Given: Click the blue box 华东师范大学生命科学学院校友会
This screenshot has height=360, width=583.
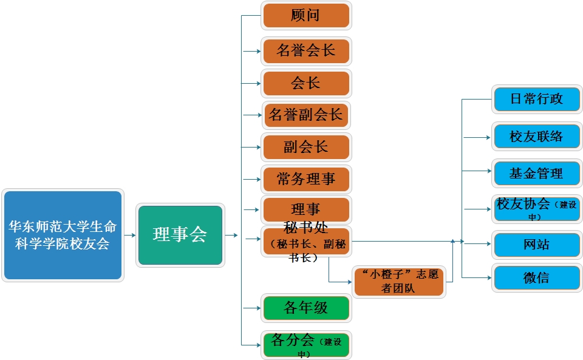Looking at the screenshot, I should (x=63, y=235).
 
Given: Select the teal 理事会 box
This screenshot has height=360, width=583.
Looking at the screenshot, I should (x=180, y=235).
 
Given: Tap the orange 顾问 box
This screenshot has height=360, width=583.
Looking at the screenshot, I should (x=306, y=16).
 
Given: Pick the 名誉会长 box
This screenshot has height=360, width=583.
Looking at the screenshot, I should (x=306, y=51).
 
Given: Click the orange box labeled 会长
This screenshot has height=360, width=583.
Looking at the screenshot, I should (x=306, y=83).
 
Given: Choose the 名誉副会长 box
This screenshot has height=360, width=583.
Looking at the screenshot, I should (x=306, y=115).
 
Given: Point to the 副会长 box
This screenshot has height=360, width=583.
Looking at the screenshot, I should (x=306, y=148).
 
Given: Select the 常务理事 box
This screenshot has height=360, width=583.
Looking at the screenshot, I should (x=306, y=179).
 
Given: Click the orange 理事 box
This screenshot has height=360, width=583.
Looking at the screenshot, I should (x=306, y=210).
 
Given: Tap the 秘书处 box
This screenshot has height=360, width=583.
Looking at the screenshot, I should (x=306, y=242).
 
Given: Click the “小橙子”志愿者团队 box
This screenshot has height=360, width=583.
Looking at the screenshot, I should (x=399, y=281).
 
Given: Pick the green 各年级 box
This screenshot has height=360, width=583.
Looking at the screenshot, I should (x=306, y=308).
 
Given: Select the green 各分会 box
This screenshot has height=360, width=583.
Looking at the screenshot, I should (x=306, y=345).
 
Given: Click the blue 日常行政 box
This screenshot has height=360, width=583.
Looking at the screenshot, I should (x=537, y=100).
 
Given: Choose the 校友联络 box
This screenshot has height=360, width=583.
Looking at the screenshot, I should (x=537, y=137).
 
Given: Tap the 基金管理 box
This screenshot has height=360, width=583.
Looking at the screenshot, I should (x=537, y=174).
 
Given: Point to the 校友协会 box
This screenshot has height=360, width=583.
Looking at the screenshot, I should (x=537, y=208).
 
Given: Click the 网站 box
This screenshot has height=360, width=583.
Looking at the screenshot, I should (x=537, y=245).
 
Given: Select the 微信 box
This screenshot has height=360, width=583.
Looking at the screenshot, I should (x=537, y=278).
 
